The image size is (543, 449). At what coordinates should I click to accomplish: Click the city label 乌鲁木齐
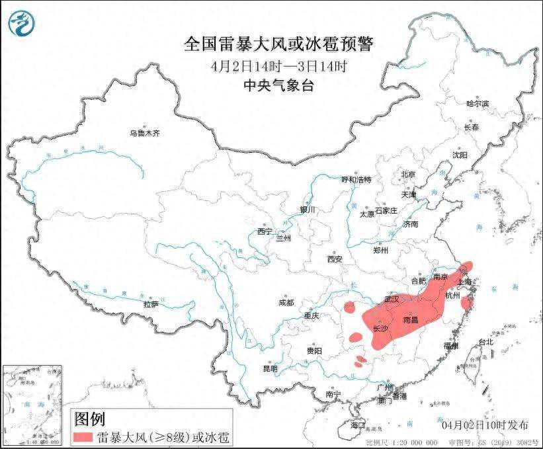(144, 134)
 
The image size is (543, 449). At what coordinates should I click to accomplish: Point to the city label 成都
(286, 302)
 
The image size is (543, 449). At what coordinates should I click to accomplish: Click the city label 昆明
(271, 368)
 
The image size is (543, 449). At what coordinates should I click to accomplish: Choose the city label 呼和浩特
(356, 179)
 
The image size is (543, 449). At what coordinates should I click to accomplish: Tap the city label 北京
(407, 175)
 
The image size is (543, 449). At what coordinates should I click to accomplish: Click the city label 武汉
(391, 300)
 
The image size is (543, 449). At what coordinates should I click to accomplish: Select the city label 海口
(358, 424)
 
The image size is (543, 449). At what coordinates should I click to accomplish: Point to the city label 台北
(485, 343)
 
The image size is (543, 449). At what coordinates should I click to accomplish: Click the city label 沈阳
(460, 154)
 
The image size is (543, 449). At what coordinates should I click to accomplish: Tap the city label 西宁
(265, 231)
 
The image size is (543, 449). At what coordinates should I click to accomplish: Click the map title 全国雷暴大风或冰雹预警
(278, 44)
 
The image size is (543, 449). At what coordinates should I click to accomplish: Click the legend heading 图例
(90, 418)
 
